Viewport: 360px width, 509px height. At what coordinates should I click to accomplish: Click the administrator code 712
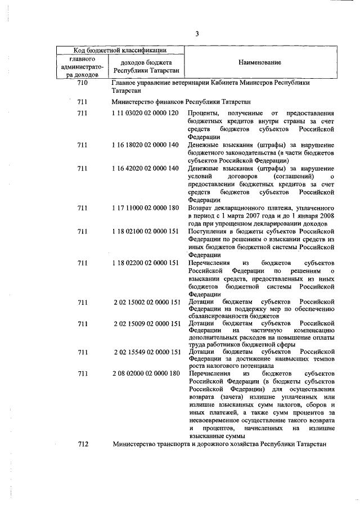(83, 444)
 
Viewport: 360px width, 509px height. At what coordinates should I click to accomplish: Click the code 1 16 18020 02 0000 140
(146, 145)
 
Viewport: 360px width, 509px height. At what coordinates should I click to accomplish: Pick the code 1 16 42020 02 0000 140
(146, 168)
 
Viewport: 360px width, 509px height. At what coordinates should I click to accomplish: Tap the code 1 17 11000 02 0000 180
(146, 208)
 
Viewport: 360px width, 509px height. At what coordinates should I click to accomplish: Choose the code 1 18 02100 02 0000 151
(146, 231)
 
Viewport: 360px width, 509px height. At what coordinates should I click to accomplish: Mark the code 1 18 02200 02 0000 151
(146, 263)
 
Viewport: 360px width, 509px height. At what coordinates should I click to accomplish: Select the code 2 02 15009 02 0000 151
(146, 325)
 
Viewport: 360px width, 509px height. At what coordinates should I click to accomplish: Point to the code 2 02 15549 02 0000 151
(146, 352)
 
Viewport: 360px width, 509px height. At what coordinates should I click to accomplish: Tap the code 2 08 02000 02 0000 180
(146, 373)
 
